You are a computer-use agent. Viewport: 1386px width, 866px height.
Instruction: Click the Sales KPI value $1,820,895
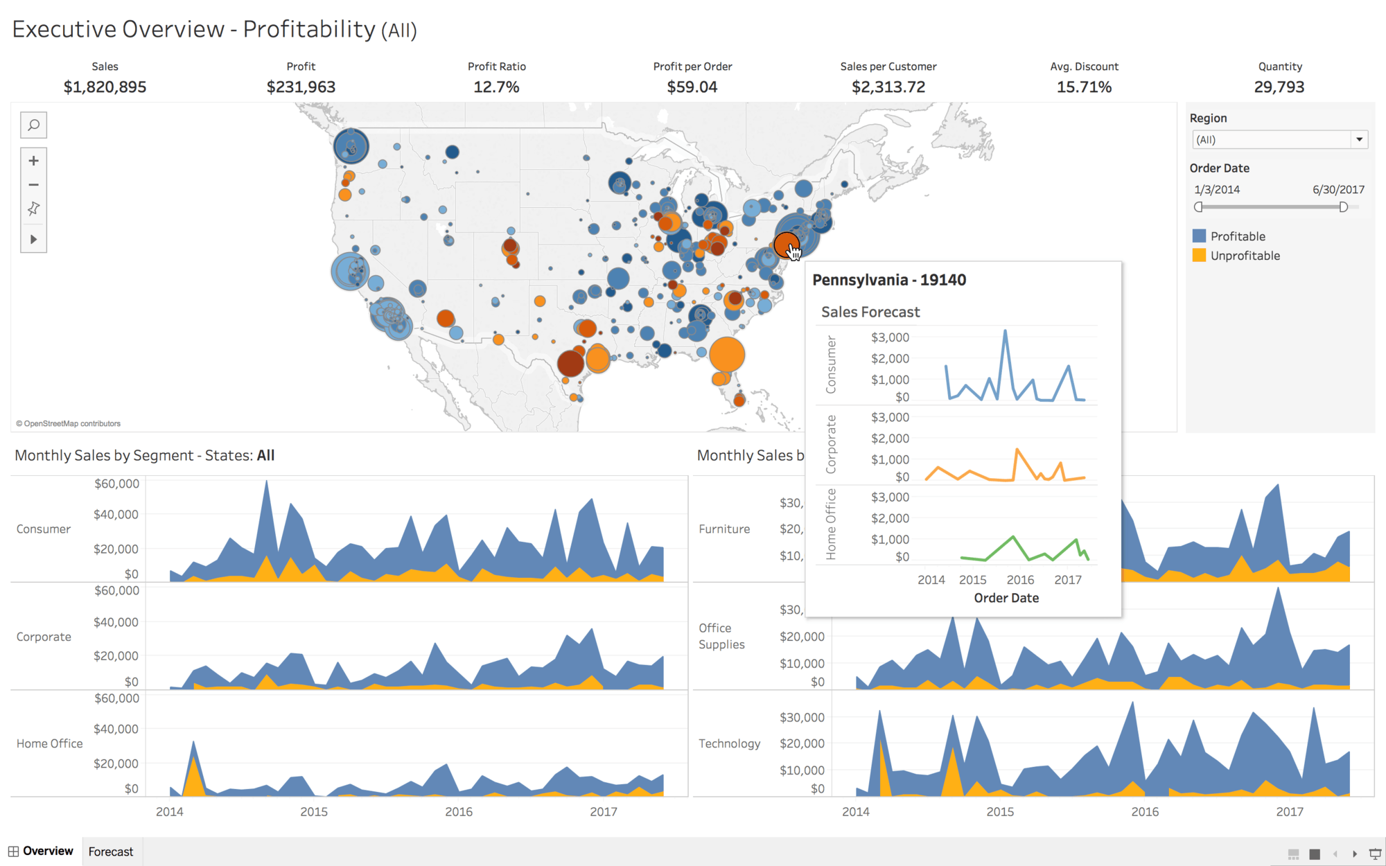click(x=105, y=87)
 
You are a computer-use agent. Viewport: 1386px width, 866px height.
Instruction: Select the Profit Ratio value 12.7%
click(x=496, y=87)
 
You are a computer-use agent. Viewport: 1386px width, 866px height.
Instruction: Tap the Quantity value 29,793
click(x=1279, y=87)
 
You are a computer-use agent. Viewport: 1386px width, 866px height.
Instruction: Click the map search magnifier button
click(x=33, y=125)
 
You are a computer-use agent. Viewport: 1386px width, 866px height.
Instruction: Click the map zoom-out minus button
click(x=33, y=185)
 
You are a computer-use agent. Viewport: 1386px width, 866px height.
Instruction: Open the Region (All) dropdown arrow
click(x=1359, y=140)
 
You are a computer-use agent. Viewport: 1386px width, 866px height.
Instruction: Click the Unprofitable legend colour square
click(x=1199, y=256)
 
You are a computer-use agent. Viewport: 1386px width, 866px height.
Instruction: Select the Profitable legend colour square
click(x=1199, y=236)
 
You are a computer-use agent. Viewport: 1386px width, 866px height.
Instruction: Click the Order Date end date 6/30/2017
click(x=1338, y=190)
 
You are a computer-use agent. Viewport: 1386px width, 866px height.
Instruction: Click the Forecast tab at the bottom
click(x=111, y=851)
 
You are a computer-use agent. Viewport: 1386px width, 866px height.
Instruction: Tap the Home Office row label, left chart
click(x=49, y=743)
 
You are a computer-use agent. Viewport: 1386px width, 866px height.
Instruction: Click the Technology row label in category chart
click(x=729, y=743)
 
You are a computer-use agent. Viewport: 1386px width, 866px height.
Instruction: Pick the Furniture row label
click(x=724, y=529)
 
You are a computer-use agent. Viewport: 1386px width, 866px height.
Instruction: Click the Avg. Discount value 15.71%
click(x=1084, y=87)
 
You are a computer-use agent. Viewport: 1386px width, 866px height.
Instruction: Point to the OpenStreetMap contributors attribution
click(x=69, y=423)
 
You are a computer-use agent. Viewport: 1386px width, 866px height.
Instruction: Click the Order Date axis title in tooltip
click(x=1006, y=598)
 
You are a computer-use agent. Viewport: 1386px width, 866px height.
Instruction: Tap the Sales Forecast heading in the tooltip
click(x=870, y=312)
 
